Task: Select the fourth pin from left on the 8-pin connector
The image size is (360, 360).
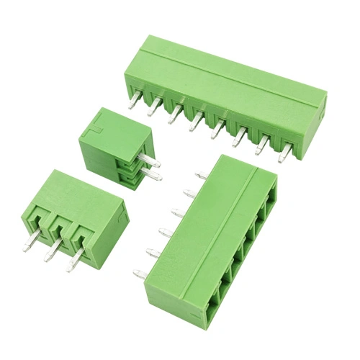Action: click(x=194, y=123)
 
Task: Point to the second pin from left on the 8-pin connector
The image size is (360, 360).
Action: click(x=153, y=109)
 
